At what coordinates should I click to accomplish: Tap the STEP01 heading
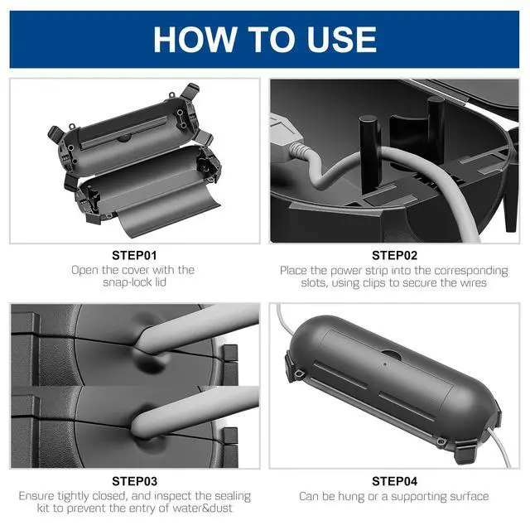(134, 256)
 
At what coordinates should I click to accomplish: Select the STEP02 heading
(394, 256)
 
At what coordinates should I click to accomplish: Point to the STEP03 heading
(134, 481)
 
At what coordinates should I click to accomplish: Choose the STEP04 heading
(394, 481)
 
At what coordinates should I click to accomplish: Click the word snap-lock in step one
(124, 282)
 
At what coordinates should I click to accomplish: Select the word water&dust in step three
(202, 508)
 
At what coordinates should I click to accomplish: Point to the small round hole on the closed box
(385, 364)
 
